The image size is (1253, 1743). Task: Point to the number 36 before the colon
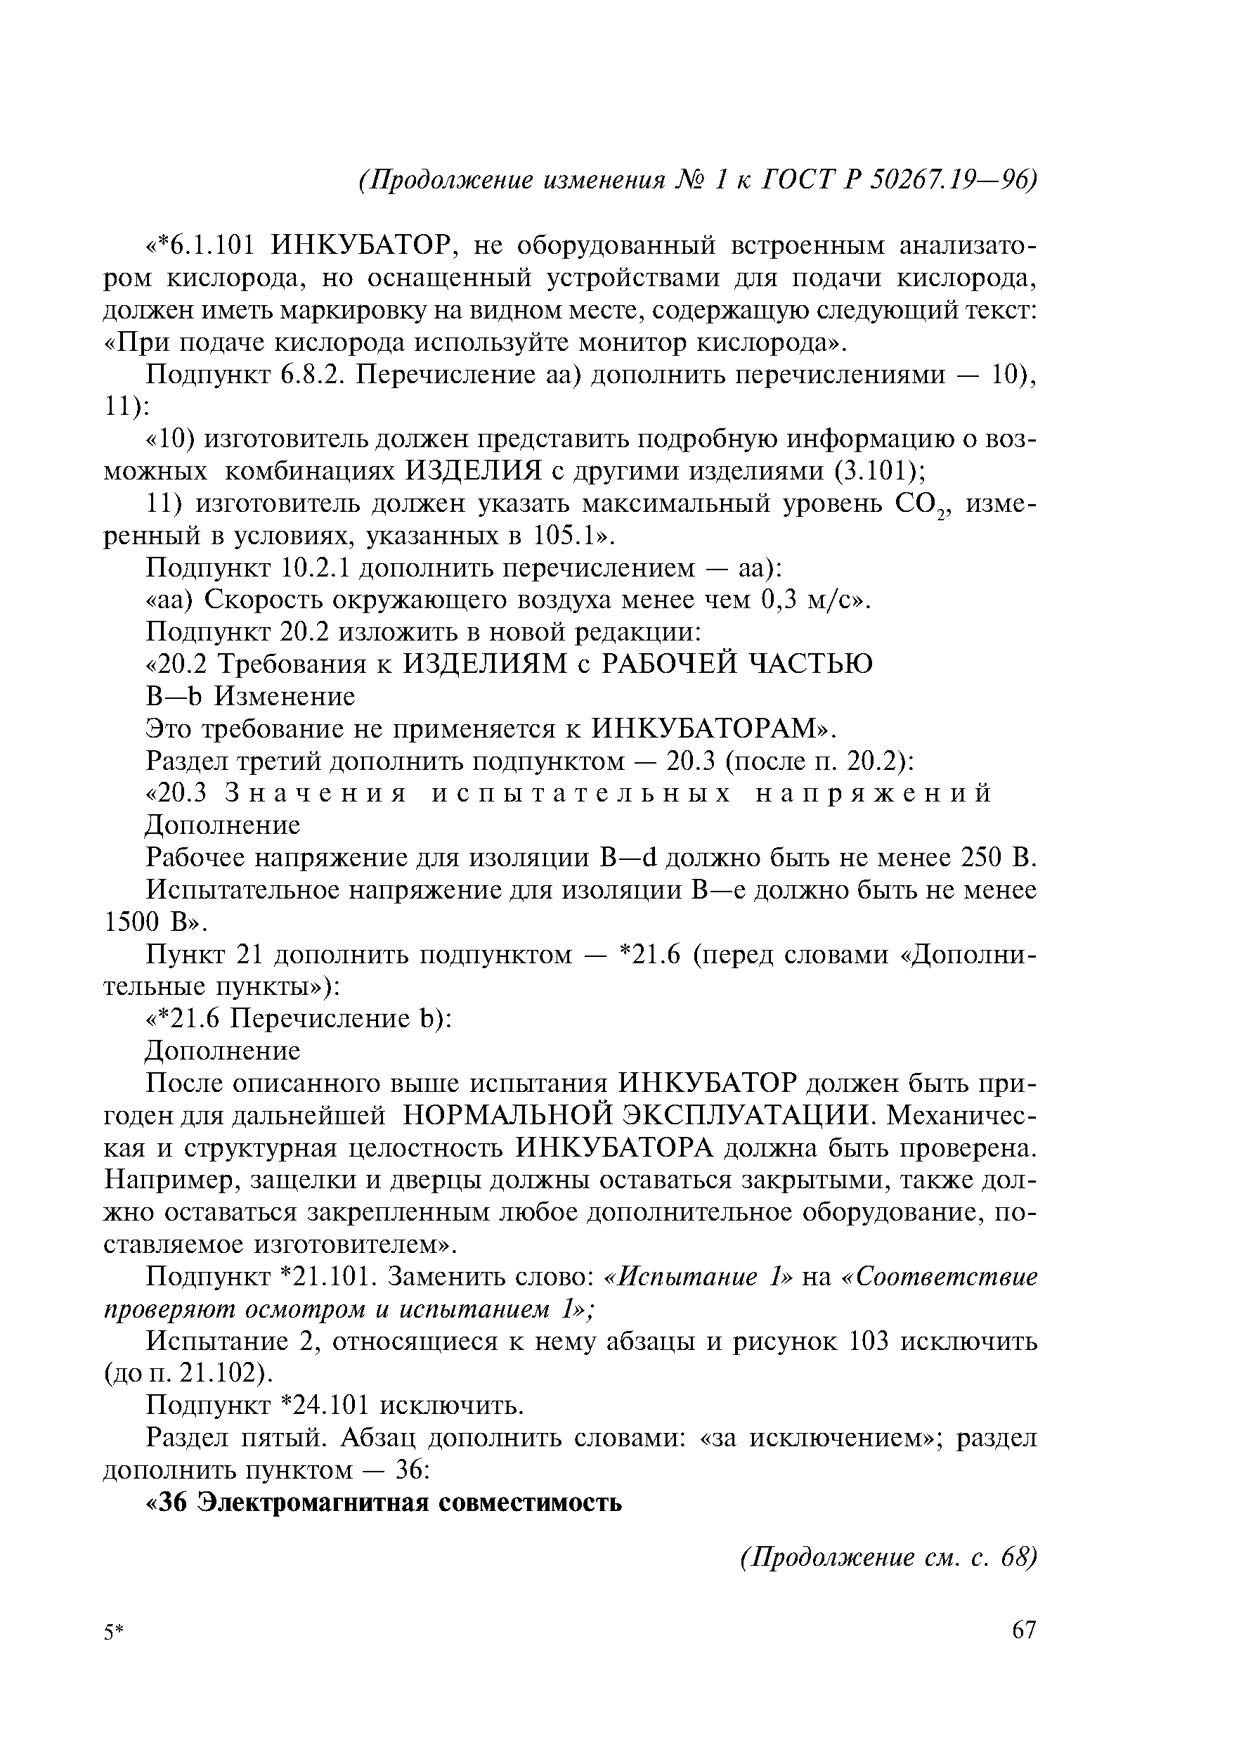pos(405,1470)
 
